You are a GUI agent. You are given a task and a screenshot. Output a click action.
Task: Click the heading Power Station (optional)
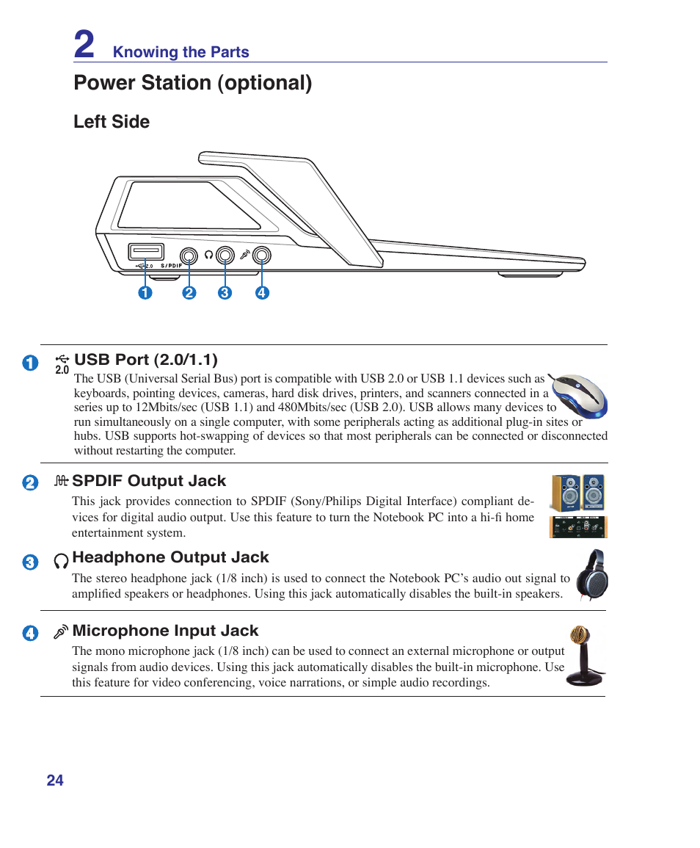pyautogui.click(x=192, y=83)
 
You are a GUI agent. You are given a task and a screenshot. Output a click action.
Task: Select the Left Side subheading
pyautogui.click(x=112, y=122)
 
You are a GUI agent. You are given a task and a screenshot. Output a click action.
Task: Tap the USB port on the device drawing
pyautogui.click(x=145, y=252)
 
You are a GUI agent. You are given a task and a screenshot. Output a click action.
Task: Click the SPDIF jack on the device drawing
pyautogui.click(x=190, y=256)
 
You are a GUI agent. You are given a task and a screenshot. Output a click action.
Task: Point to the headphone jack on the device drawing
pyautogui.click(x=225, y=256)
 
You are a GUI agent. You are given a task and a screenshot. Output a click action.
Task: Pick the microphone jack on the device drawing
pyautogui.click(x=262, y=256)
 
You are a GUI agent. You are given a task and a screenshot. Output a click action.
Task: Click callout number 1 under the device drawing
pyautogui.click(x=145, y=293)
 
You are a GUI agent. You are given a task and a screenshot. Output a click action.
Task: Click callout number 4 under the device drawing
pyautogui.click(x=262, y=293)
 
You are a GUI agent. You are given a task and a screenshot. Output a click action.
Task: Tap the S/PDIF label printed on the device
pyautogui.click(x=170, y=266)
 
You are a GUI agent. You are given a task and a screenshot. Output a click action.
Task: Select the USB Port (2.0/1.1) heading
pyautogui.click(x=146, y=360)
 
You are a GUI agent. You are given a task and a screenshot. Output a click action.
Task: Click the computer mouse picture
pyautogui.click(x=580, y=395)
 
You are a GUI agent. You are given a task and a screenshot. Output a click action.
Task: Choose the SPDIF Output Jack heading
pyautogui.click(x=149, y=481)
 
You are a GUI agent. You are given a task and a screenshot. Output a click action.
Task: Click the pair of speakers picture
pyautogui.click(x=578, y=493)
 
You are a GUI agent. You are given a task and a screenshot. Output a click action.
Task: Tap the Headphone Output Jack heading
pyautogui.click(x=170, y=557)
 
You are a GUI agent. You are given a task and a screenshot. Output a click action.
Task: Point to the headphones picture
pyautogui.click(x=591, y=576)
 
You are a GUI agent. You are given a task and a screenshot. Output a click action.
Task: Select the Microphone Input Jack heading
pyautogui.click(x=165, y=631)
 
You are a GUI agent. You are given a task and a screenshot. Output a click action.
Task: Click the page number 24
pyautogui.click(x=55, y=780)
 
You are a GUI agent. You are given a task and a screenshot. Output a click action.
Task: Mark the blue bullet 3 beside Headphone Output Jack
pyautogui.click(x=30, y=563)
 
